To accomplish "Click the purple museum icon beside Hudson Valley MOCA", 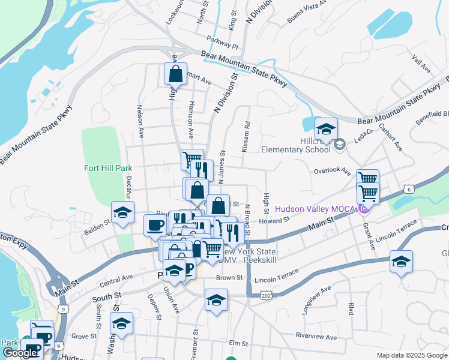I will point(363,209).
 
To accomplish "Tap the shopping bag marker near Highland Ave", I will point(175,74).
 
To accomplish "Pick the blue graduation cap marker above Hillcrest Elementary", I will point(326,130).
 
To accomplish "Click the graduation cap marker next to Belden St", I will point(123,213).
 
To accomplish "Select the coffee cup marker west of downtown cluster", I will point(155,226).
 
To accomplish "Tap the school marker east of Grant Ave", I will point(401,262).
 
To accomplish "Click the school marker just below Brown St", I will point(216,300).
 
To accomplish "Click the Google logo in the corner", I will point(20,353).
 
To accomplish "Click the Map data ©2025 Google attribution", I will point(412,355).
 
